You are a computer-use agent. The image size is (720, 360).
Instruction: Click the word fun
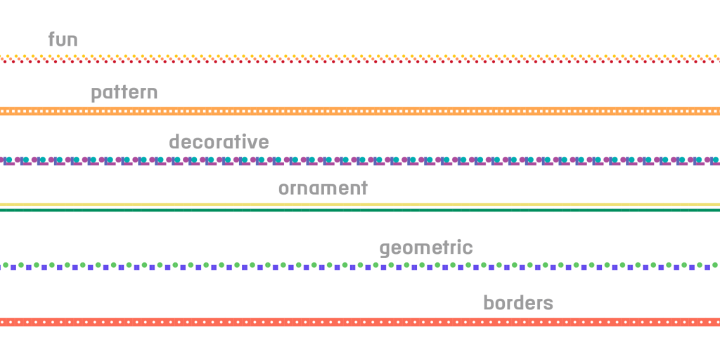pyautogui.click(x=63, y=39)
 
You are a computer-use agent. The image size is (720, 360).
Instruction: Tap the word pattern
pyautogui.click(x=124, y=94)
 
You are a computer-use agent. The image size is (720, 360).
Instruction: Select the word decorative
pyautogui.click(x=219, y=141)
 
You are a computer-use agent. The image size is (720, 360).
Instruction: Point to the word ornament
pyautogui.click(x=323, y=188)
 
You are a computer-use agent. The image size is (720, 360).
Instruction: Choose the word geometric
pyautogui.click(x=426, y=248)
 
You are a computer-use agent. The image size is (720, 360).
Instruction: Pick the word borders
pyautogui.click(x=518, y=302)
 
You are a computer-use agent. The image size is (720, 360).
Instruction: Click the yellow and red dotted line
pyautogui.click(x=360, y=59)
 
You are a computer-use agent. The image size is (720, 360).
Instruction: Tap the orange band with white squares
pyautogui.click(x=360, y=111)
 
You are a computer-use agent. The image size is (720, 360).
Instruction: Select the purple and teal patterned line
pyautogui.click(x=360, y=161)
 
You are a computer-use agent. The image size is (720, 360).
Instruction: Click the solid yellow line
pyautogui.click(x=360, y=205)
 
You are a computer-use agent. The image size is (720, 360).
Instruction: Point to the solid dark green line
pyautogui.click(x=360, y=210)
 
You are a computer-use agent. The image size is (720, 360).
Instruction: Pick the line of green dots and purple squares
pyautogui.click(x=360, y=266)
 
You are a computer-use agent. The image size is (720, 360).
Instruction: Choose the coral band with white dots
pyautogui.click(x=360, y=322)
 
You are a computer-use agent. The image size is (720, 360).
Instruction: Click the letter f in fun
pyautogui.click(x=52, y=39)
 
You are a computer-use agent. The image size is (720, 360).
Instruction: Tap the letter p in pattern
pyautogui.click(x=96, y=95)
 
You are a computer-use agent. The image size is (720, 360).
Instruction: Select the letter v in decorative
pyautogui.click(x=253, y=143)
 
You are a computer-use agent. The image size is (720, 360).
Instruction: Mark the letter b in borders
pyautogui.click(x=489, y=302)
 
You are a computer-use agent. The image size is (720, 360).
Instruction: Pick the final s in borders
pyautogui.click(x=548, y=304)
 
